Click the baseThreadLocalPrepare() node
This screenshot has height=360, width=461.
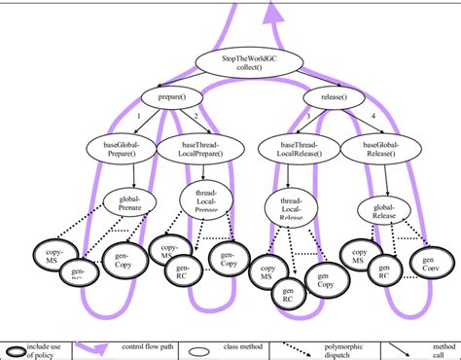click(202, 148)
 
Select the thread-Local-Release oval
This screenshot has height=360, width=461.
click(285, 206)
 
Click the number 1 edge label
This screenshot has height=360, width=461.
click(139, 117)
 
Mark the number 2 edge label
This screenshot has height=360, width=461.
click(195, 117)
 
